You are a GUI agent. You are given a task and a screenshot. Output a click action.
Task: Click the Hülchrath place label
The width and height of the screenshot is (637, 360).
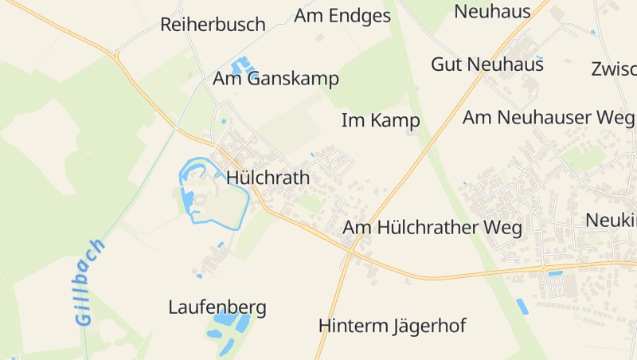click(x=268, y=178)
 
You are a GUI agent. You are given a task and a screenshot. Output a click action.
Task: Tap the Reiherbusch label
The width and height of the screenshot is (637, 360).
click(x=213, y=25)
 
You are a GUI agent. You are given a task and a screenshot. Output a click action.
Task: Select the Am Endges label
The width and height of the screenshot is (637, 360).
click(x=342, y=16)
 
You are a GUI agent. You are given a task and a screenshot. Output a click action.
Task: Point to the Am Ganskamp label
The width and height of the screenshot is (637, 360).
click(x=276, y=79)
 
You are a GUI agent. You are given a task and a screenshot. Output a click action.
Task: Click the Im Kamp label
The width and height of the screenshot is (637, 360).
click(x=380, y=121)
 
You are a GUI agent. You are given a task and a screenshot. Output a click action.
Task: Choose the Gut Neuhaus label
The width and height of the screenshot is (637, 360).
click(x=487, y=65)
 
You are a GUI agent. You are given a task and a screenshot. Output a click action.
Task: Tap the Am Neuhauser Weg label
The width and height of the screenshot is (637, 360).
click(x=549, y=118)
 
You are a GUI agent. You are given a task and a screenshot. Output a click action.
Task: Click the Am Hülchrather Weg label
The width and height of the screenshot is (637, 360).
click(x=432, y=229)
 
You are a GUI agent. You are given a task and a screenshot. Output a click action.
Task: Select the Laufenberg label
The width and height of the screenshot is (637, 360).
click(x=217, y=307)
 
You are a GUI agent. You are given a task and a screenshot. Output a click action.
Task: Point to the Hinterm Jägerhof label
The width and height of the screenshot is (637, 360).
click(x=392, y=326)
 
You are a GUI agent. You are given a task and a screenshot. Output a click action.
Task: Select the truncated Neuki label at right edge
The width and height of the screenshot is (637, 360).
click(x=611, y=220)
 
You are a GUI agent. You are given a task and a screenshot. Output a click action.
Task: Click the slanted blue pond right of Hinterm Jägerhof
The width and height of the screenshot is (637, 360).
click(x=522, y=307)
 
